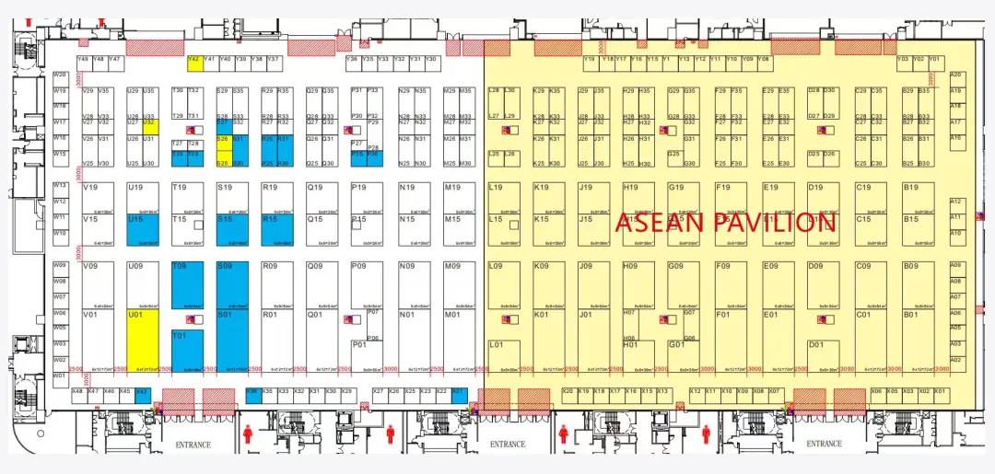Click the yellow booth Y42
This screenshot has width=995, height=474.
194,63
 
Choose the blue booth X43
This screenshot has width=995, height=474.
141,393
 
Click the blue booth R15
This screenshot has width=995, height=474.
276,228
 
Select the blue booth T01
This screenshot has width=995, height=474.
187,350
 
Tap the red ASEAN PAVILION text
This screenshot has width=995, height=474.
725,223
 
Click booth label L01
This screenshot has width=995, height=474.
497,345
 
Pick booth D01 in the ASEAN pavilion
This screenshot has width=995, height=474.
815,345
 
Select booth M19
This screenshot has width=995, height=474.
452,188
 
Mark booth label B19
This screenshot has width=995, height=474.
910,188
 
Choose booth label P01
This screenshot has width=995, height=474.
359,345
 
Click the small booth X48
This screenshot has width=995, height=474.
78,393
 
